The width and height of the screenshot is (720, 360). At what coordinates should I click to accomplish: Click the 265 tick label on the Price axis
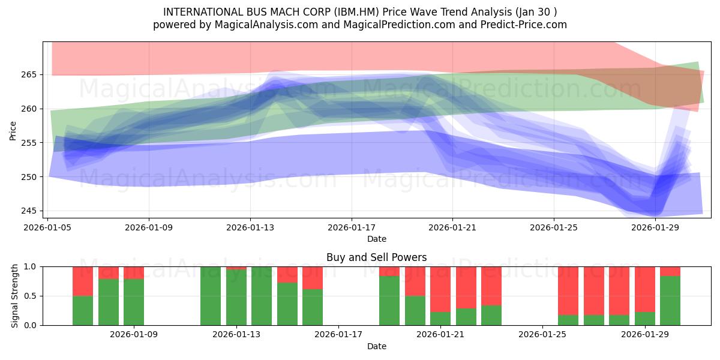click(29, 75)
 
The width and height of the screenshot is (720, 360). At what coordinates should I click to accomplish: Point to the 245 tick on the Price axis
click(29, 211)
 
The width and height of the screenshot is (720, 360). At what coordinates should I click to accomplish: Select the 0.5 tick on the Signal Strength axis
click(30, 296)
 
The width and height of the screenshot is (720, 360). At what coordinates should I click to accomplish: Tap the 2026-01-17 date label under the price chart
click(352, 227)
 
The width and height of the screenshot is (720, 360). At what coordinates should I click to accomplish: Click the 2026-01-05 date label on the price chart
click(47, 227)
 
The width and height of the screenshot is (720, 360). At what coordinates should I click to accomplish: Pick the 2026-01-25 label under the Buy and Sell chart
click(542, 335)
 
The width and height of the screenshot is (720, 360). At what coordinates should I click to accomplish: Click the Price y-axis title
click(13, 131)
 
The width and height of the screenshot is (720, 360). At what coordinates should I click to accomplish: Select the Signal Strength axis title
click(14, 296)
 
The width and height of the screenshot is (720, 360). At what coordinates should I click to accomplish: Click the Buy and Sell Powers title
click(376, 257)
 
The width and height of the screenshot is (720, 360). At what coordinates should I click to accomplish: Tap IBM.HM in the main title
click(356, 12)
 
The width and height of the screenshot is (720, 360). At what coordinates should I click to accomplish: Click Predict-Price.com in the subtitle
click(524, 25)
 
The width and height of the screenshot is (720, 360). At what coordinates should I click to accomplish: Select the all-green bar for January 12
click(211, 296)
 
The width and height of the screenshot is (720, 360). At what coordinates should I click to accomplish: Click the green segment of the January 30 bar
click(670, 301)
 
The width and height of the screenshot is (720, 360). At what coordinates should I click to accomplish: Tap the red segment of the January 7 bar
click(109, 273)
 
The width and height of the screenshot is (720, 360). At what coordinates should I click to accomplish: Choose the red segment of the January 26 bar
click(568, 291)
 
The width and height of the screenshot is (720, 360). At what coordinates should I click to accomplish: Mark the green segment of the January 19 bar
click(389, 301)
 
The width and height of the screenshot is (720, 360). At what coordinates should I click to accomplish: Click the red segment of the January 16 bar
click(313, 278)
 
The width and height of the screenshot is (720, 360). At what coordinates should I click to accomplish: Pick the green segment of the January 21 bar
click(440, 319)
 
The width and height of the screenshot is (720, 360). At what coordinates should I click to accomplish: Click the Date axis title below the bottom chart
click(377, 347)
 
